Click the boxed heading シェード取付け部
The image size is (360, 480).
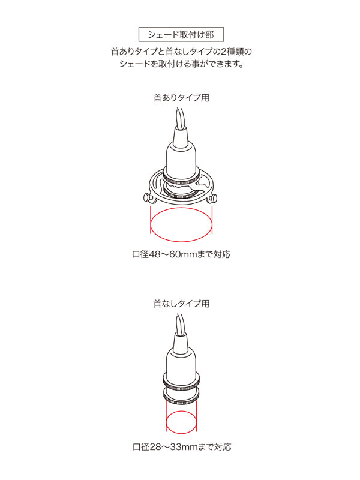click(181, 34)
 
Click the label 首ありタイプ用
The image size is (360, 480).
click(181, 98)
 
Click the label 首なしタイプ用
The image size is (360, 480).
click(181, 304)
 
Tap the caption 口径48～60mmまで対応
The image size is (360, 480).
click(181, 254)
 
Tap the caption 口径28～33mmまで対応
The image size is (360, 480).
click(182, 446)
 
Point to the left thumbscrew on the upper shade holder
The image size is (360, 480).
click(148, 198)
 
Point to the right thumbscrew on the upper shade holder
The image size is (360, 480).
click(213, 199)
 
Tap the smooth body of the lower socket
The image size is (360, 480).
click(181, 362)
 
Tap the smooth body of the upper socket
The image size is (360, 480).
click(181, 155)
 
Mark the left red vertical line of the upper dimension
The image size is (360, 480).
click(151, 220)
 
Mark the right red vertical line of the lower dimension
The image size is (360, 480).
click(196, 416)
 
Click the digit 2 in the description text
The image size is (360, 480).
click(223, 51)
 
